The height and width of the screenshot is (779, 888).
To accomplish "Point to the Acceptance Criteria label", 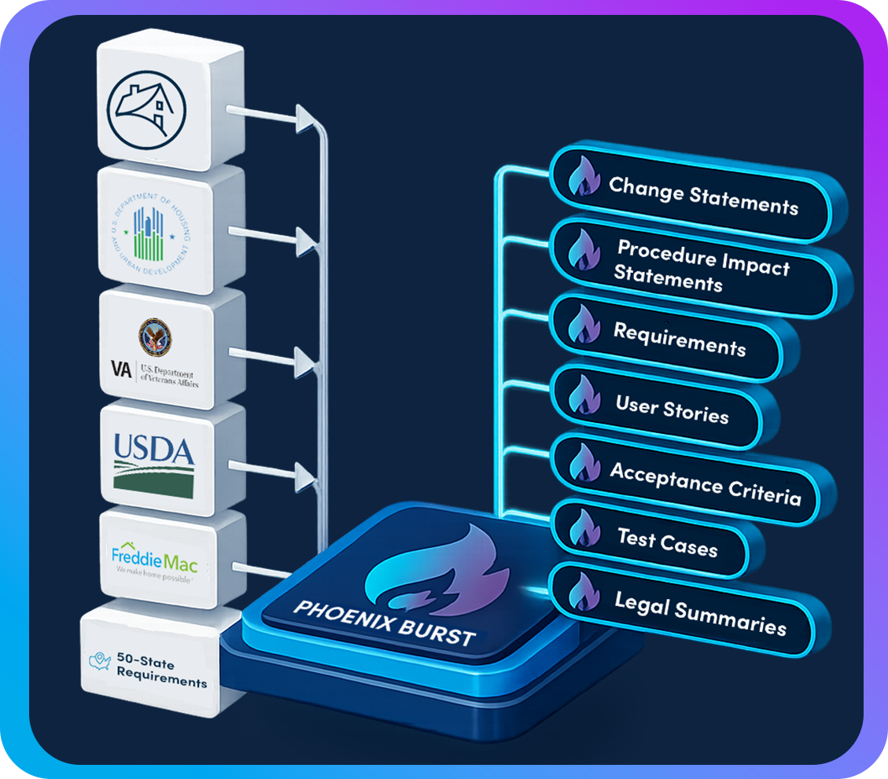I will (705, 480).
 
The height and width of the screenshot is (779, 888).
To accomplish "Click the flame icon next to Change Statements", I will (583, 178).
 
